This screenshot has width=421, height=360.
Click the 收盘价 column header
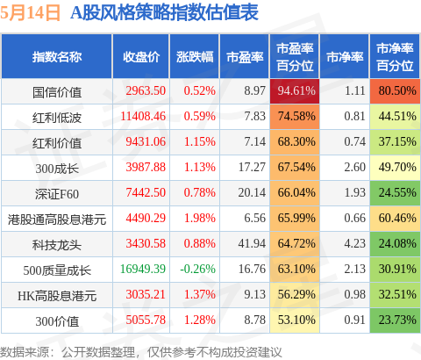click(x=141, y=57)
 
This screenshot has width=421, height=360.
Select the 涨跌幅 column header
click(x=195, y=57)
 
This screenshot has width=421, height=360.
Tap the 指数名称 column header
click(x=57, y=57)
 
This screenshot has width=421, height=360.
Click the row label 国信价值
click(x=57, y=92)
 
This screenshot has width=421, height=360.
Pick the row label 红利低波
click(x=57, y=118)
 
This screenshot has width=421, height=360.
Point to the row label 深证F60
click(x=57, y=194)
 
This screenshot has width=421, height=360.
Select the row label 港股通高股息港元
click(x=57, y=220)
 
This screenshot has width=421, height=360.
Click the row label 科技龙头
click(x=57, y=245)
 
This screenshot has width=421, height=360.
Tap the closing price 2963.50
click(x=146, y=90)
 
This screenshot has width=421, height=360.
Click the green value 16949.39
click(x=143, y=269)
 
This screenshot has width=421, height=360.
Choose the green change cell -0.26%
click(x=197, y=269)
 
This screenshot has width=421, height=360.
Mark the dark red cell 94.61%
click(x=295, y=91)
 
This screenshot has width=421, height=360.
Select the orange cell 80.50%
click(x=395, y=91)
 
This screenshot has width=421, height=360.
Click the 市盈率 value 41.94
click(x=252, y=243)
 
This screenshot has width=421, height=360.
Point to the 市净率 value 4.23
click(x=354, y=243)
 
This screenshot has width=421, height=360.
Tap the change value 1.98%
click(x=200, y=218)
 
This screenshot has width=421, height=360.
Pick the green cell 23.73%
click(x=395, y=320)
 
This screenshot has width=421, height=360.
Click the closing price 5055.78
click(x=146, y=320)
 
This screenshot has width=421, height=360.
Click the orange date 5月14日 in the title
click(x=30, y=13)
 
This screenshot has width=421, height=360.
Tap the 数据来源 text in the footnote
click(x=25, y=352)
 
